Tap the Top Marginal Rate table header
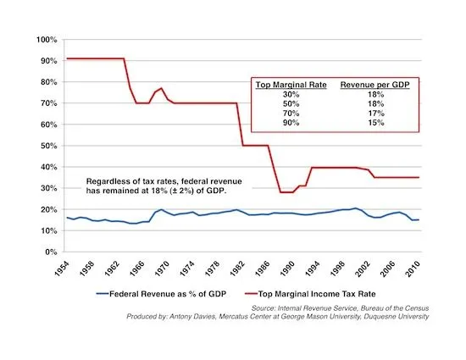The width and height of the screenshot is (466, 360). (x=292, y=86)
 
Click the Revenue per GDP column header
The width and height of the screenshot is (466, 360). (x=374, y=86)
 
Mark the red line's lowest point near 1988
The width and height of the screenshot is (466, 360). (x=286, y=192)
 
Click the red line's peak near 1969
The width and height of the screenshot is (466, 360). (x=162, y=88)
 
